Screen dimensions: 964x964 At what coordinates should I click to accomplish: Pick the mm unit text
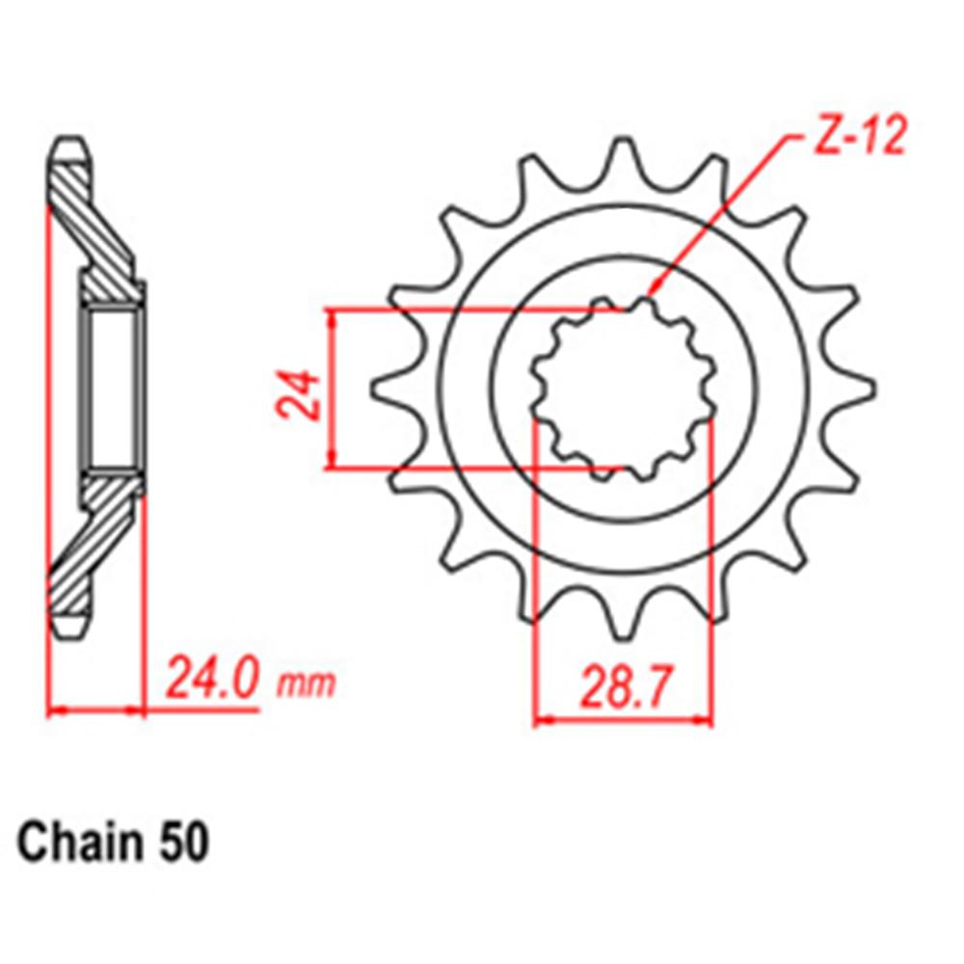click(x=307, y=684)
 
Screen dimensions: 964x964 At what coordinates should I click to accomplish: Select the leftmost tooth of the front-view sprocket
click(x=386, y=386)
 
